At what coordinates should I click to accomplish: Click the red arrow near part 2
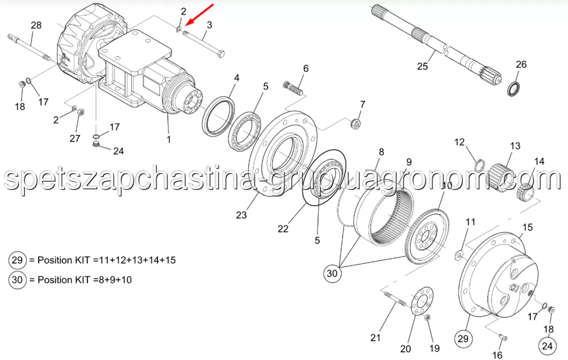point(199,15)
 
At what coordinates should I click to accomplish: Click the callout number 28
point(36,26)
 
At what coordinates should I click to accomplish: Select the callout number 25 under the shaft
point(423,66)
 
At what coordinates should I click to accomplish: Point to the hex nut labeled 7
point(356,124)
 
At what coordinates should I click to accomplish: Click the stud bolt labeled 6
point(293,88)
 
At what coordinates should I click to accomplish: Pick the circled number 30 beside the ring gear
point(332,273)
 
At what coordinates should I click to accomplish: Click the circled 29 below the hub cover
point(463,339)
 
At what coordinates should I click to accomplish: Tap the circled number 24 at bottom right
point(547,345)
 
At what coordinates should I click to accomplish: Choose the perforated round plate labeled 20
point(421,302)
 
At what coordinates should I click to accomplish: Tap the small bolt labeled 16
point(503,338)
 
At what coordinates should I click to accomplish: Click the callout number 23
point(241,215)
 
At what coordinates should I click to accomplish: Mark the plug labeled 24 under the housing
point(96,145)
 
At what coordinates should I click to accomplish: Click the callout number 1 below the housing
point(169,139)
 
